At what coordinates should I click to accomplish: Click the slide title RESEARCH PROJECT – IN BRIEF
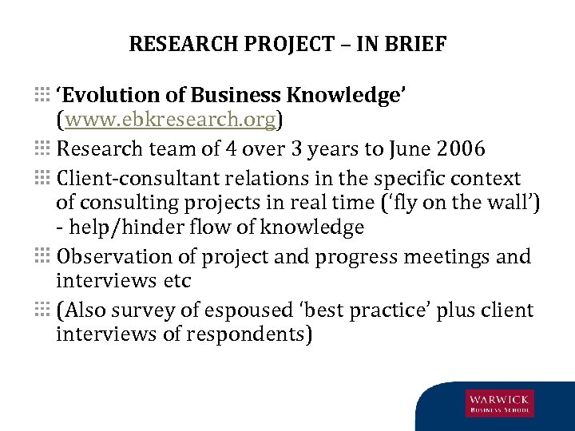click(287, 44)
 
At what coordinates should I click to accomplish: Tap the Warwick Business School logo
click(500, 402)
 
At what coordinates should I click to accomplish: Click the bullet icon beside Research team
click(42, 148)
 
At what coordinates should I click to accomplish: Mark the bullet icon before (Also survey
click(42, 310)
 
